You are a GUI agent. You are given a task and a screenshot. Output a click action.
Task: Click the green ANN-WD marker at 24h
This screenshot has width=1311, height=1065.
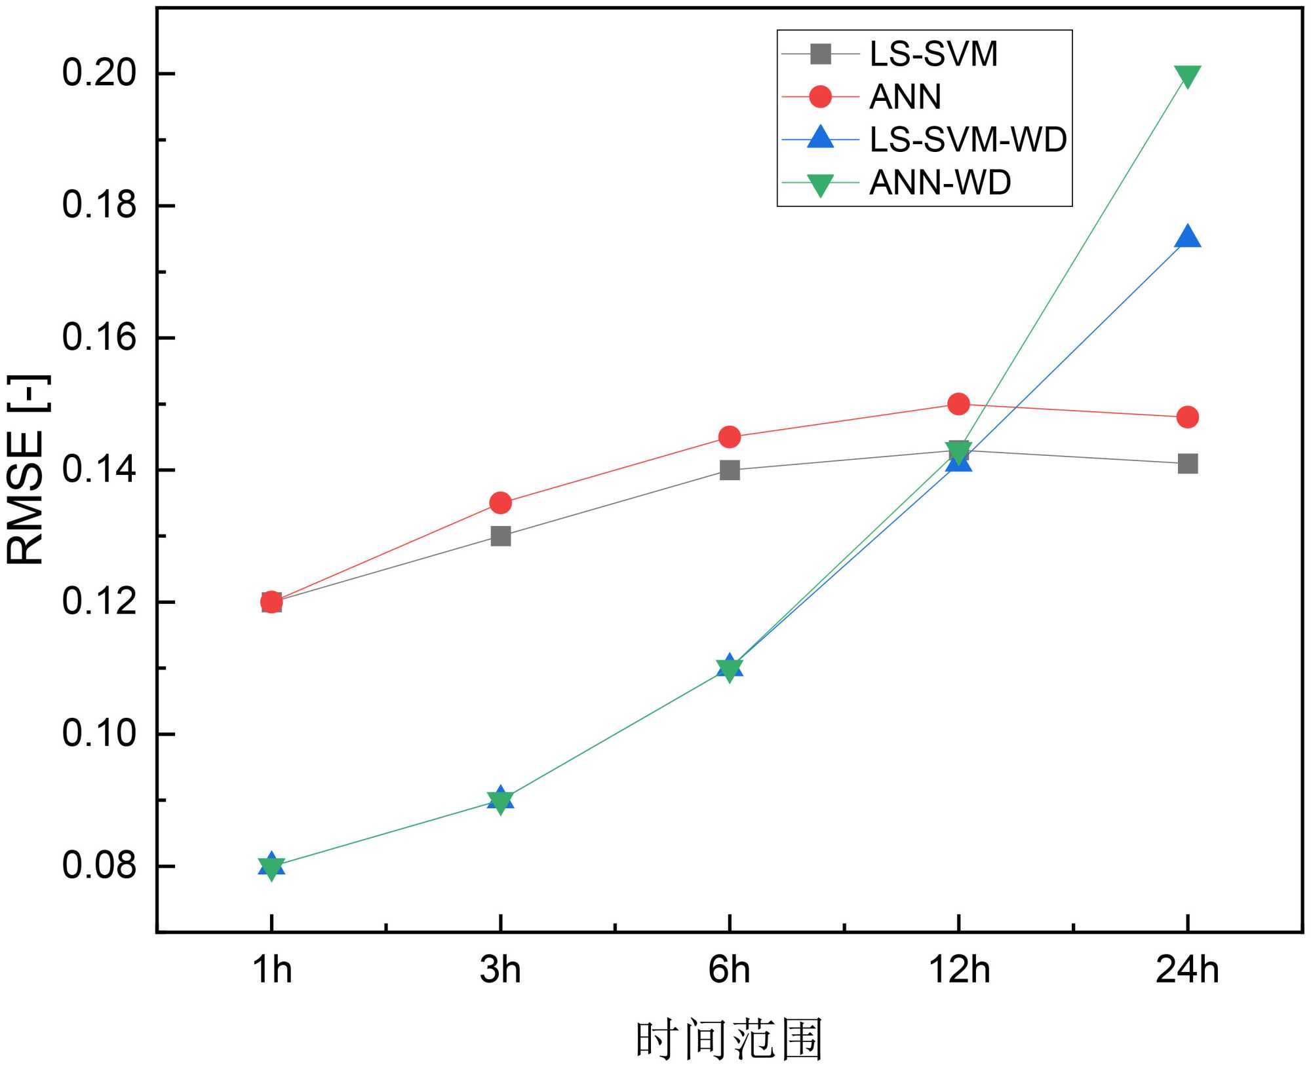click(1187, 76)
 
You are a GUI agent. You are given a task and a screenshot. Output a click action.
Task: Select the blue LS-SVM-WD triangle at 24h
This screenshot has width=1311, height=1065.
click(1187, 237)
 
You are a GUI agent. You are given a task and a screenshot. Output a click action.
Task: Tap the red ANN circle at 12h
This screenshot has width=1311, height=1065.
click(958, 404)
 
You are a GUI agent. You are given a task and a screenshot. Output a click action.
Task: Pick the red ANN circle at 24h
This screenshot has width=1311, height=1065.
click(1187, 417)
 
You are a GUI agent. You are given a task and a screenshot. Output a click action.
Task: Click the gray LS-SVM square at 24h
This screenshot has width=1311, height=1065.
click(1187, 464)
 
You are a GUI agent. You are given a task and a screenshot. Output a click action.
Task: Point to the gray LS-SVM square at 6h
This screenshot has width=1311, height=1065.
click(730, 470)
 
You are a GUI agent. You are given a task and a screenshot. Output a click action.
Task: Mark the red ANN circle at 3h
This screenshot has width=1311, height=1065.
click(501, 503)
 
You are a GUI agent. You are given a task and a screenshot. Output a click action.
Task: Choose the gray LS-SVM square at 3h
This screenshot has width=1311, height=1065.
click(501, 536)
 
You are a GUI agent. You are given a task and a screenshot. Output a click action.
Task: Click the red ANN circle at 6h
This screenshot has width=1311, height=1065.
click(730, 437)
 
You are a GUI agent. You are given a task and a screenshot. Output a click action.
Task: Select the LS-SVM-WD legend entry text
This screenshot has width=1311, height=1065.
click(968, 140)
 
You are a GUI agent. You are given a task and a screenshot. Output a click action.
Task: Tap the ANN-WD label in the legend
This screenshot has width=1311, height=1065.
click(939, 182)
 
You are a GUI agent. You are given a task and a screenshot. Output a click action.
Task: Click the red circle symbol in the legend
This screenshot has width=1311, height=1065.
click(820, 97)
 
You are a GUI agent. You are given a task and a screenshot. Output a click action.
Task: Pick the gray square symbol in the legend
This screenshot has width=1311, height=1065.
click(820, 54)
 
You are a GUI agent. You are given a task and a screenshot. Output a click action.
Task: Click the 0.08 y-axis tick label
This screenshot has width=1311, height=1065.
click(100, 865)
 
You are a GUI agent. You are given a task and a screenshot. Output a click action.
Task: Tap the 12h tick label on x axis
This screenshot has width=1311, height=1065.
click(959, 970)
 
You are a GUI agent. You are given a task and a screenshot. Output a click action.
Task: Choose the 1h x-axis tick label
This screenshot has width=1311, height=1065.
click(272, 970)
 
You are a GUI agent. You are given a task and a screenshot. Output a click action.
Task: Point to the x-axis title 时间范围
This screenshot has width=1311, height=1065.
click(729, 1039)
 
